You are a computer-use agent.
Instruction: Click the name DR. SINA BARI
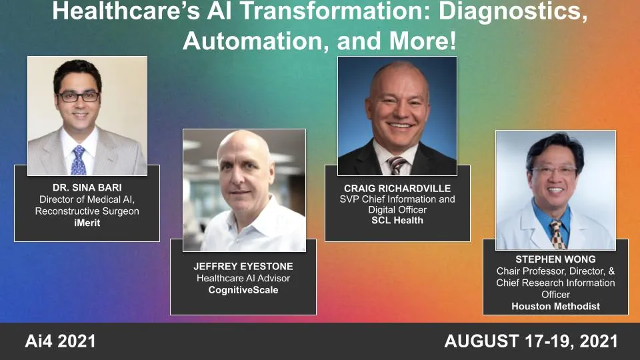coord(87,187)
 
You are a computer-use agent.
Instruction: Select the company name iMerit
coord(87,223)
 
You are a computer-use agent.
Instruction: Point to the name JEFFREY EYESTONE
coord(243,266)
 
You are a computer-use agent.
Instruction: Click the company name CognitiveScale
coord(243,290)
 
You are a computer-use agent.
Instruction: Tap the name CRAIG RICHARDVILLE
coord(397,188)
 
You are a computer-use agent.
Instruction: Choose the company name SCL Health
coord(397,220)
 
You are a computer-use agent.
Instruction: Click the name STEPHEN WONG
coord(555,259)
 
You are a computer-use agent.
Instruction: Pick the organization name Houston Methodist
coord(555,306)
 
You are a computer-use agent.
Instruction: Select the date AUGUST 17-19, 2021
coord(531,342)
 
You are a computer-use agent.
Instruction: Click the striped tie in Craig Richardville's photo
coord(398,165)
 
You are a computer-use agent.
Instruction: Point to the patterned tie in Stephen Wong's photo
coord(557,234)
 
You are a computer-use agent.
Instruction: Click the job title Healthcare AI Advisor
coord(243,278)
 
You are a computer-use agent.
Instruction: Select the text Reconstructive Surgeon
coord(87,211)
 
